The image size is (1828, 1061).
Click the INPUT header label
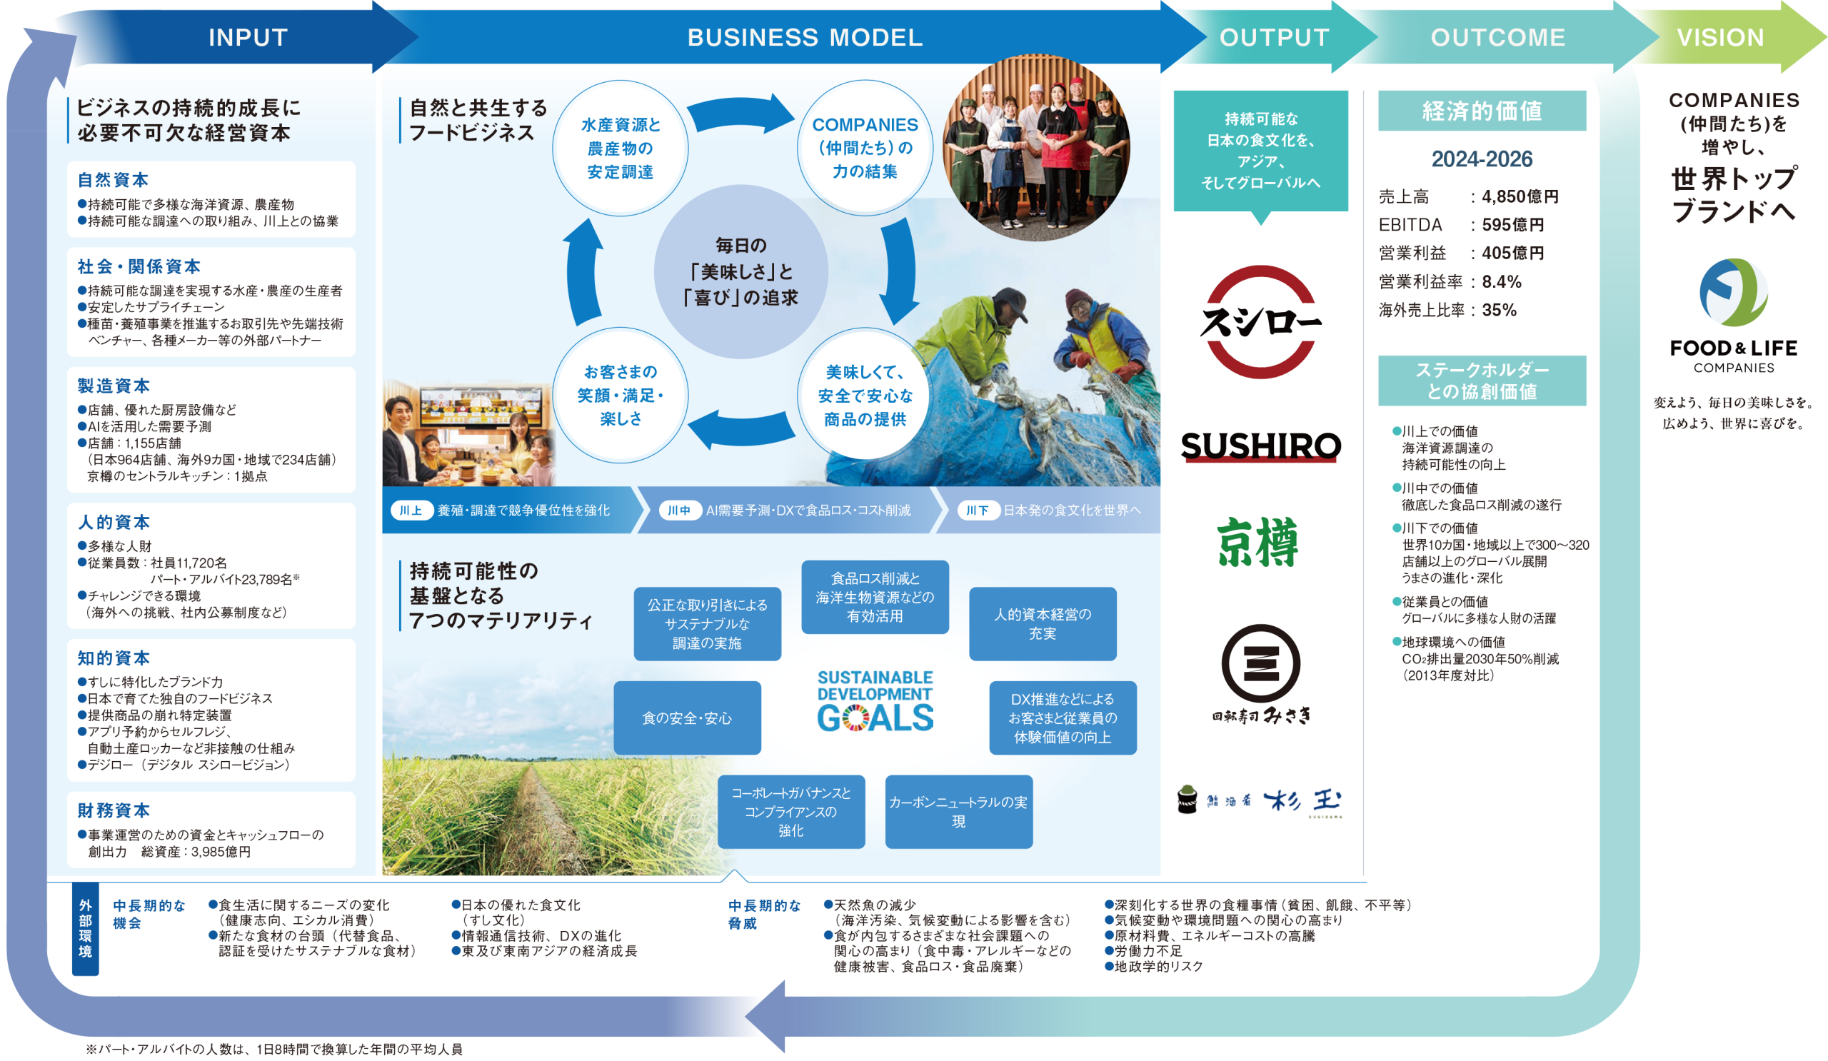coord(248,37)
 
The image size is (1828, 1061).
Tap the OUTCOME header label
coord(1497,37)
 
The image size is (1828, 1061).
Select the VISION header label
coord(1720,37)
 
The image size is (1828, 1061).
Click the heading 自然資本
coord(113,180)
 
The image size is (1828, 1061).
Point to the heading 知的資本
coord(114,658)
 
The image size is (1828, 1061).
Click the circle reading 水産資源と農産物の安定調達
coord(621,148)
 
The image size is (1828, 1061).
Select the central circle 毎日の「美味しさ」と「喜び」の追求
coord(740,271)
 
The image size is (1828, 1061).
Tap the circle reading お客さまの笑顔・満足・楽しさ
coord(621,396)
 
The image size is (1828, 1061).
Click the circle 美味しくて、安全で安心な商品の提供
coord(865,396)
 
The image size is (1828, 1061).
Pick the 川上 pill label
coord(411,511)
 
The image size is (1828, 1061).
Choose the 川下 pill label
coord(977,511)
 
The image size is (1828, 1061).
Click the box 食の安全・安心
coord(687,718)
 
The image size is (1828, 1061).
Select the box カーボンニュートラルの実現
coord(958,812)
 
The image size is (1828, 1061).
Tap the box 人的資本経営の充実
coord(1043,624)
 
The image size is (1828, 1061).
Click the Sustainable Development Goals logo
coord(875,700)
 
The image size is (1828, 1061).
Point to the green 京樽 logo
coord(1258,543)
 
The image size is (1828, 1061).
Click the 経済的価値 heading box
coord(1481,111)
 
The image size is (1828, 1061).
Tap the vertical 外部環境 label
coord(86,929)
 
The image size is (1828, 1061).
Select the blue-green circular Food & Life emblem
coord(1733,292)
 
